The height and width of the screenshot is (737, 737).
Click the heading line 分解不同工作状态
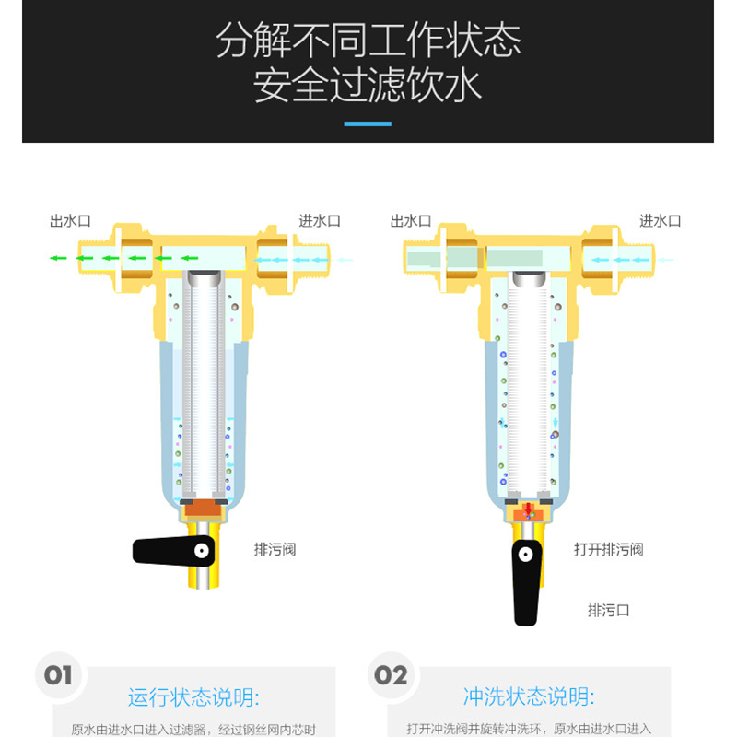click(x=368, y=41)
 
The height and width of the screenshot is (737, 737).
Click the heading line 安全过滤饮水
click(x=368, y=85)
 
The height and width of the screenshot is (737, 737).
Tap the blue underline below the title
click(x=368, y=124)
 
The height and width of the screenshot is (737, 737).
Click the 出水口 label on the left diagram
click(x=71, y=221)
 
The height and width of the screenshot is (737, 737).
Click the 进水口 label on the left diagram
click(x=320, y=221)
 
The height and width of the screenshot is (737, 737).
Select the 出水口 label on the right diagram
click(x=411, y=221)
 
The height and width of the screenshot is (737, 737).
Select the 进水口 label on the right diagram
click(x=661, y=221)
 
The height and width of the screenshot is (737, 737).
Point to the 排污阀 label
click(x=275, y=549)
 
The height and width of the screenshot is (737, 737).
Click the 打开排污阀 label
click(x=609, y=549)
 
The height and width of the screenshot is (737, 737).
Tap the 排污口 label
click(x=609, y=611)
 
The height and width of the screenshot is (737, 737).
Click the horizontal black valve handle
click(x=173, y=551)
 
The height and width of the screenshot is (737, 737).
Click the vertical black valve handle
click(x=526, y=583)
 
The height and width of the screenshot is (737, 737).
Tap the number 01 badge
click(x=58, y=676)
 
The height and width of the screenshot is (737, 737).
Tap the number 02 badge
click(x=391, y=676)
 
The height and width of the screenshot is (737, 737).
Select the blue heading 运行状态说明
click(x=193, y=697)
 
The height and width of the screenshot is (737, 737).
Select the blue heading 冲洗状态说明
click(x=529, y=696)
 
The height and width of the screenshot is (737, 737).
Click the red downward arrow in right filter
click(x=528, y=509)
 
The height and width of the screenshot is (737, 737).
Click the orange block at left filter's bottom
click(x=203, y=510)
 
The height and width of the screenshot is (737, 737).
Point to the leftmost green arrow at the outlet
click(x=58, y=258)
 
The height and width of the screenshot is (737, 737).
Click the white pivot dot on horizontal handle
click(x=202, y=550)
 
